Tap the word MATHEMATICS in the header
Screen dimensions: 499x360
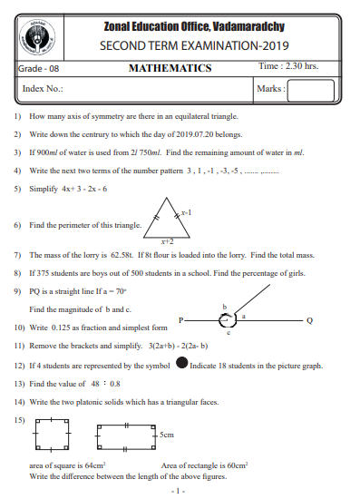[170, 68]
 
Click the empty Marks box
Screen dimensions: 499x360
[312, 89]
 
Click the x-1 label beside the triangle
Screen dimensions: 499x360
[186, 210]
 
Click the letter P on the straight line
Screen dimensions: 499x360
[181, 320]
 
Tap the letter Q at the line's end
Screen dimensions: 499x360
[309, 320]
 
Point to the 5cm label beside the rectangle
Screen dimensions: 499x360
[166, 435]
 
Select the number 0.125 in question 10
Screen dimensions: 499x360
[61, 327]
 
